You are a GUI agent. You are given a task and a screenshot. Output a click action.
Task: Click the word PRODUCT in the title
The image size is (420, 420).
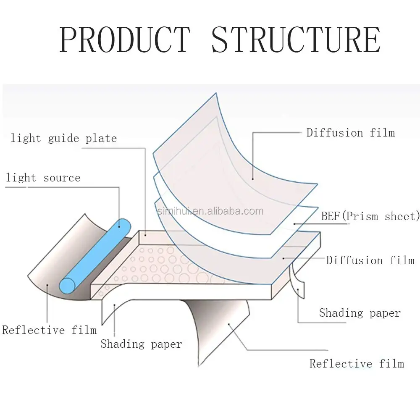point(125,39)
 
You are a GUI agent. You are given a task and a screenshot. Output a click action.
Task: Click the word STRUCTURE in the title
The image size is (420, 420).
point(296,39)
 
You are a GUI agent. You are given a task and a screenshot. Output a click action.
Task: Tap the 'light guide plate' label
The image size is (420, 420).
point(64,138)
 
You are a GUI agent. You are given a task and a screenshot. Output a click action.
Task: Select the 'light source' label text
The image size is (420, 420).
point(43,178)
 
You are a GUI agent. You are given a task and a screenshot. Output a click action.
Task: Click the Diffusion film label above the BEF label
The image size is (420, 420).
point(351,133)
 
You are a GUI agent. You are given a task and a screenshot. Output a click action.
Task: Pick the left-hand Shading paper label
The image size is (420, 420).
point(141,344)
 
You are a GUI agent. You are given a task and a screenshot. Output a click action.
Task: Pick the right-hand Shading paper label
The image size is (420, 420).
point(360,313)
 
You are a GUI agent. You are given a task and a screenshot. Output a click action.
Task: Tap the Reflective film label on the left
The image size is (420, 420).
point(50,330)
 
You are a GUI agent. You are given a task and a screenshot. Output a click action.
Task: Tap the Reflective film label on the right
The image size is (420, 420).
point(357,364)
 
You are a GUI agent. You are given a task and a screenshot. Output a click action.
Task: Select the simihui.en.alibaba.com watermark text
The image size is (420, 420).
point(210,211)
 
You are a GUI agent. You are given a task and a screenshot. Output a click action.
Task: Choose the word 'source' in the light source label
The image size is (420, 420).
point(62,178)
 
